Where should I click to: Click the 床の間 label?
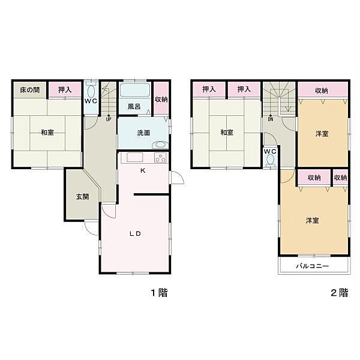click(x=29, y=91)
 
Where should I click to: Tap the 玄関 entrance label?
click(x=82, y=196)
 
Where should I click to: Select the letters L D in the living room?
click(x=136, y=234)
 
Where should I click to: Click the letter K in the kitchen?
click(x=143, y=170)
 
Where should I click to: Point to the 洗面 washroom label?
click(x=143, y=133)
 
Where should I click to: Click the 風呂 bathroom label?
click(x=134, y=107)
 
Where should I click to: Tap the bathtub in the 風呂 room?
click(x=134, y=91)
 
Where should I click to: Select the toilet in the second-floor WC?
click(x=270, y=160)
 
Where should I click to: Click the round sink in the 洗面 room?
click(x=159, y=145)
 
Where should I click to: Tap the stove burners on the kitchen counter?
click(x=160, y=158)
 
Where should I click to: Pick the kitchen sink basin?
click(x=133, y=158)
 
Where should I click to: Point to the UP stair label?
click(x=109, y=119)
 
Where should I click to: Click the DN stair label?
click(x=271, y=119)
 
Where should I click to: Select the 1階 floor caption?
click(x=158, y=293)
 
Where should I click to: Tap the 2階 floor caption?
click(x=339, y=293)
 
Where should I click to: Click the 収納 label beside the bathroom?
click(x=161, y=100)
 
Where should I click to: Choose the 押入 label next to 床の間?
click(x=65, y=91)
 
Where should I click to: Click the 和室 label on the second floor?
click(x=226, y=133)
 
